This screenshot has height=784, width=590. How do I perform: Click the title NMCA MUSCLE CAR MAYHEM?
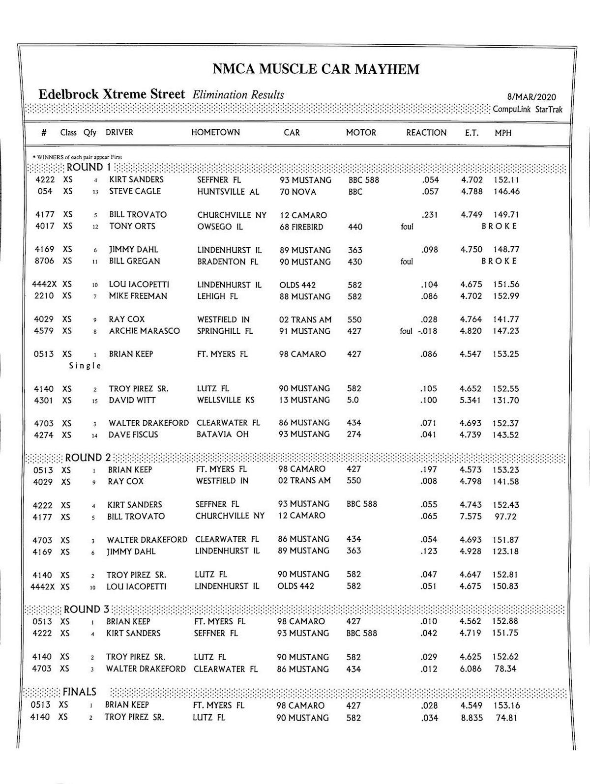316,69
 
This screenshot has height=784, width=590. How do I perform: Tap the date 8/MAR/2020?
531,97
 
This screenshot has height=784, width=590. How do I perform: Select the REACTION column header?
426,133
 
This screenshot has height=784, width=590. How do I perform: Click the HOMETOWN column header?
215,132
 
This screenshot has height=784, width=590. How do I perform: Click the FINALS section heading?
79,692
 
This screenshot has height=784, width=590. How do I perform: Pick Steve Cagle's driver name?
135,191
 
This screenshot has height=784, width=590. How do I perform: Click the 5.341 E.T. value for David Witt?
470,400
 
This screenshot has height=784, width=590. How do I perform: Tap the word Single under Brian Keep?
85,366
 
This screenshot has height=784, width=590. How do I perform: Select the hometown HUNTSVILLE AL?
228,192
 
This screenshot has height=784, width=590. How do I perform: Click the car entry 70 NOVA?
298,192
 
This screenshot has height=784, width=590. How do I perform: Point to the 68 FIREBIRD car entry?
301,227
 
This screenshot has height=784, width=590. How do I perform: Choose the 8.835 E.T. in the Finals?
471,718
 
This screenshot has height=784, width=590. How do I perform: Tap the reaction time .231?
429,215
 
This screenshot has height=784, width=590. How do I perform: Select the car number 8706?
44,261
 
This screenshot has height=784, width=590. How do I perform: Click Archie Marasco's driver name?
144,331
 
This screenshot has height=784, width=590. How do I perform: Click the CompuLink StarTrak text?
527,110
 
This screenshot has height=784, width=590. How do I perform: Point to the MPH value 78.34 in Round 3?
505,669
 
